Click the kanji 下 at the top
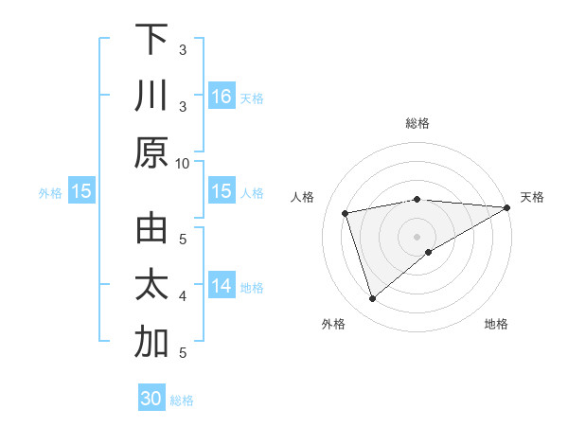point(151,39)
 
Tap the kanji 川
point(151,96)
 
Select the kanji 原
point(151,152)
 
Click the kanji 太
point(151,286)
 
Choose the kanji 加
point(151,343)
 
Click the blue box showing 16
point(222,96)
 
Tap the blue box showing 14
point(222,286)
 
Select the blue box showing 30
point(151,399)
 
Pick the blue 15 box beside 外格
point(81,192)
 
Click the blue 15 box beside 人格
point(222,192)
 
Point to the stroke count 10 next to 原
point(183,163)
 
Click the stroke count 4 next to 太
point(183,296)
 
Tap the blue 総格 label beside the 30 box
point(182,400)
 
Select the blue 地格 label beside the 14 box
point(252,288)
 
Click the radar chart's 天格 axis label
point(532,197)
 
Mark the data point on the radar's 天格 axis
point(506,207)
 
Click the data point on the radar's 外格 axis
point(372,299)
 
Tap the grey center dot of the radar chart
point(417,236)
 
